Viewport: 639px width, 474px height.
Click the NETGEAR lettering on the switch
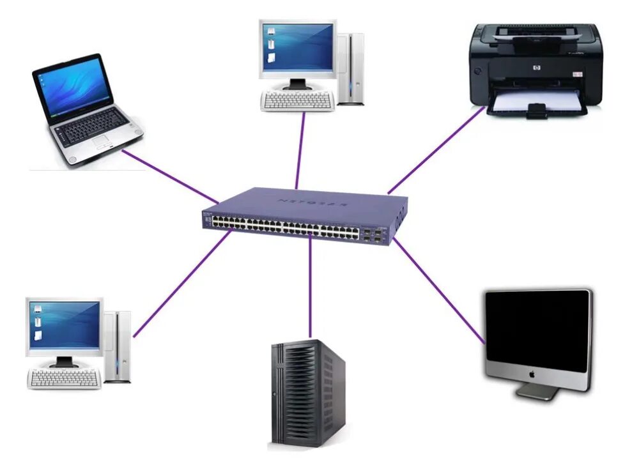tap(312, 203)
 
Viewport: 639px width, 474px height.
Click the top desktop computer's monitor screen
tap(298, 47)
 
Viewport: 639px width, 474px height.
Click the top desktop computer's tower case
tap(351, 67)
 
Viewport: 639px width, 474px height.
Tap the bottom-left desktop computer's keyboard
tap(63, 379)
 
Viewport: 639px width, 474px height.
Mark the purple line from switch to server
tap(310, 287)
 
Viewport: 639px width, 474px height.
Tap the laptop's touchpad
tap(102, 142)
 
